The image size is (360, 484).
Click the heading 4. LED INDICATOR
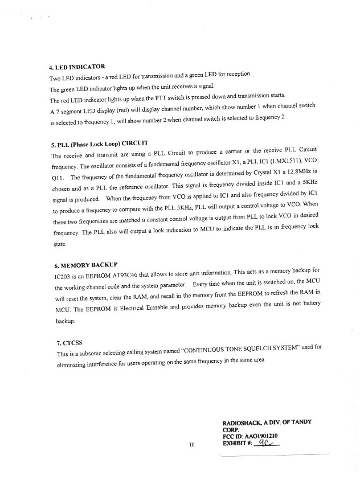(77, 66)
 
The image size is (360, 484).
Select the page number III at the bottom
(191, 445)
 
